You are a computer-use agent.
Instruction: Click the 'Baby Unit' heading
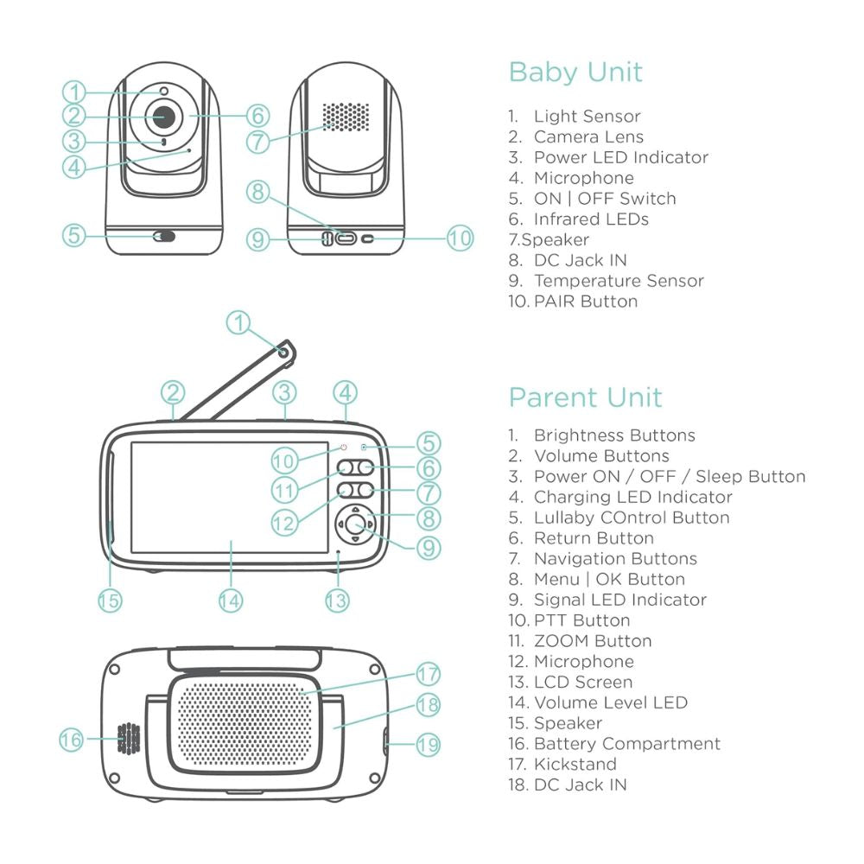575,72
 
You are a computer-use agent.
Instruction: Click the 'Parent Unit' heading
585,397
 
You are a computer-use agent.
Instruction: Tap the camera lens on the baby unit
164,116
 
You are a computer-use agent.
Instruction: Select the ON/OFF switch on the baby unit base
163,237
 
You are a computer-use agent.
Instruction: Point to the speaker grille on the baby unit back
346,116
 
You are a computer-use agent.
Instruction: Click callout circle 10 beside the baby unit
461,238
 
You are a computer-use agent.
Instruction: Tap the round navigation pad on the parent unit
353,523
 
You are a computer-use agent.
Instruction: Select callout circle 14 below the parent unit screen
230,600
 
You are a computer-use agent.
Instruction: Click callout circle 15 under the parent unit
110,600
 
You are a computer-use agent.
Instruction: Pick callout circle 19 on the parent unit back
429,743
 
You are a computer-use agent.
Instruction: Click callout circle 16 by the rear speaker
72,740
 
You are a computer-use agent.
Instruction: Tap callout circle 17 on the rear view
429,674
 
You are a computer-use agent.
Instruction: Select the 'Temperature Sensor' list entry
619,281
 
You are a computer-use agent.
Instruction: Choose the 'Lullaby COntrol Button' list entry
632,518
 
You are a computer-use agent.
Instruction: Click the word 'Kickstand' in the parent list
575,764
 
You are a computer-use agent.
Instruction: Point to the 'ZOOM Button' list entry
593,641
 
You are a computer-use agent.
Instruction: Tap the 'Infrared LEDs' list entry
591,219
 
